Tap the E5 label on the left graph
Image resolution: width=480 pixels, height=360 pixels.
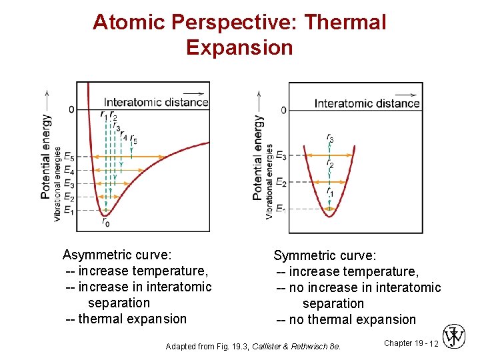[x=69, y=157]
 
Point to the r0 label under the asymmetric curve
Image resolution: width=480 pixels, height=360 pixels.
[x=105, y=223]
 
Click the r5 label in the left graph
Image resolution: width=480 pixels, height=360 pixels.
[x=134, y=139]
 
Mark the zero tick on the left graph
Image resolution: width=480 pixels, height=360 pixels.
[x=71, y=109]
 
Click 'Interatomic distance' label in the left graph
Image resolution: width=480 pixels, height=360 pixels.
[x=156, y=102]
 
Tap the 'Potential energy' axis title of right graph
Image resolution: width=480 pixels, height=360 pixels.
[x=258, y=157]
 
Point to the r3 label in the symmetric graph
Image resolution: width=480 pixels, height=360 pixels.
[x=330, y=138]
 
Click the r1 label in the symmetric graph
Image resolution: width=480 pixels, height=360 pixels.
[x=330, y=191]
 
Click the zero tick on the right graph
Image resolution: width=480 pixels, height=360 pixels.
[x=283, y=109]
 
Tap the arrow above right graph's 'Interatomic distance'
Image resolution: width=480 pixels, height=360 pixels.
[x=399, y=93]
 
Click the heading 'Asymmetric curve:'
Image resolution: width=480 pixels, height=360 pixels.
[x=117, y=255]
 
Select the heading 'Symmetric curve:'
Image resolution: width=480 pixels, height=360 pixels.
[x=325, y=255]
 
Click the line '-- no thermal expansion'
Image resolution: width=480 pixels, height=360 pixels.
[x=346, y=319]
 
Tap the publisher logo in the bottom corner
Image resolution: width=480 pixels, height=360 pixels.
[x=453, y=337]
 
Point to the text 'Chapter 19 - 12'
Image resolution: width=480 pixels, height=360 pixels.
[x=411, y=343]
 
